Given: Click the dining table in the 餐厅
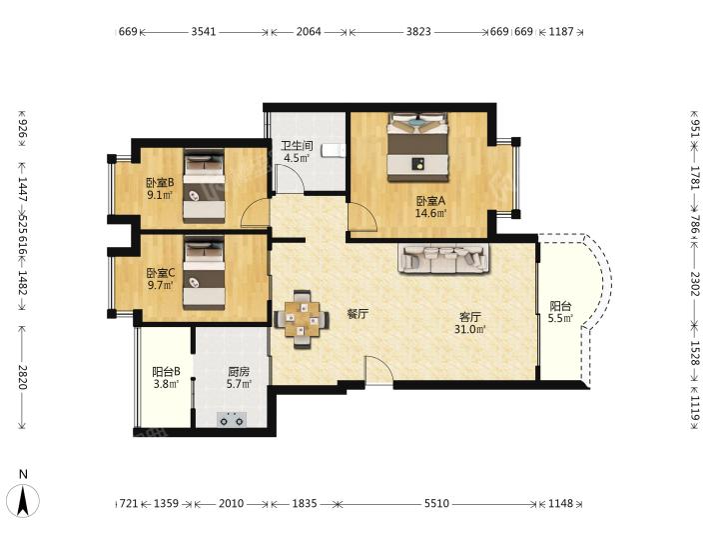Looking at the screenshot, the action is pyautogui.click(x=302, y=320).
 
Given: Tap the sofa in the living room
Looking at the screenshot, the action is pyautogui.click(x=443, y=259).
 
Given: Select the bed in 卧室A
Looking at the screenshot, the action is pyautogui.click(x=417, y=146).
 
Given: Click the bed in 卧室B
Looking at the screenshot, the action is pyautogui.click(x=204, y=186).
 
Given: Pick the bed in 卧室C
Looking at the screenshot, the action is pyautogui.click(x=204, y=273).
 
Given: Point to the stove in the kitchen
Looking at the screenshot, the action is pyautogui.click(x=232, y=419).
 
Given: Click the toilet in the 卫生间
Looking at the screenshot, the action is pyautogui.click(x=334, y=150).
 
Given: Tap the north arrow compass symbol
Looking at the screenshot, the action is pyautogui.click(x=23, y=499).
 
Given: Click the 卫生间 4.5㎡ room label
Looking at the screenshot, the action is pyautogui.click(x=297, y=152).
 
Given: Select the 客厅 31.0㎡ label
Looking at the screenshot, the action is pyautogui.click(x=470, y=323).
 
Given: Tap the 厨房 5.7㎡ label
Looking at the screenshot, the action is pyautogui.click(x=239, y=377).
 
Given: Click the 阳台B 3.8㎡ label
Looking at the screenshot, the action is pyautogui.click(x=166, y=377).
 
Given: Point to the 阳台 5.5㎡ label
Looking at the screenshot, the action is pyautogui.click(x=560, y=312).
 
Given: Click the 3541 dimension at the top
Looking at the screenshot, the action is pyautogui.click(x=204, y=32).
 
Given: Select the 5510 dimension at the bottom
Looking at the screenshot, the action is pyautogui.click(x=436, y=504).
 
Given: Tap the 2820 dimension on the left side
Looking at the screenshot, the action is pyautogui.click(x=22, y=377).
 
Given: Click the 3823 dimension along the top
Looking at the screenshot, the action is pyautogui.click(x=418, y=32).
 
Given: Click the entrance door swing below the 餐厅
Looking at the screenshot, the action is pyautogui.click(x=379, y=370).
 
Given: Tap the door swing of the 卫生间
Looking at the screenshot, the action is pyautogui.click(x=289, y=178).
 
